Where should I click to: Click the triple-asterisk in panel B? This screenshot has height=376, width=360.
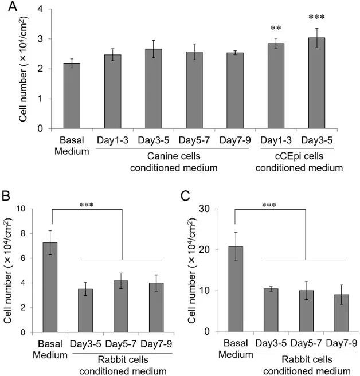coord(87,203)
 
